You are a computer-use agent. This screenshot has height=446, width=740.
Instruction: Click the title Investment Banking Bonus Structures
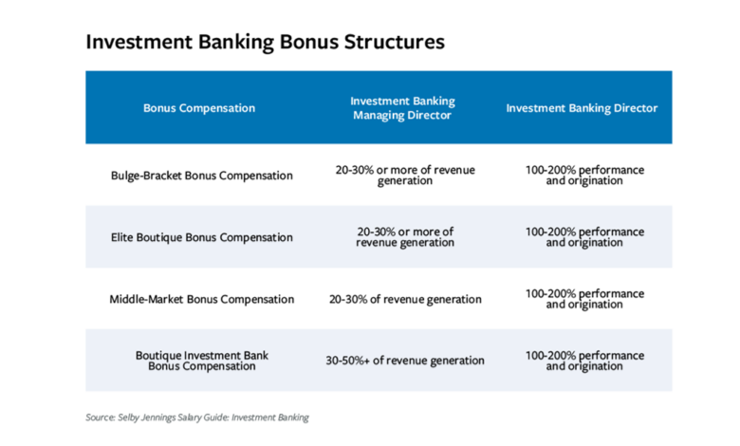(x=265, y=43)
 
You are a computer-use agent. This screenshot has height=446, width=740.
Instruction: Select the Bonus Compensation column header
(x=199, y=108)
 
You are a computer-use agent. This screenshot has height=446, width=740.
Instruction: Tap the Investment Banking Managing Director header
(x=402, y=108)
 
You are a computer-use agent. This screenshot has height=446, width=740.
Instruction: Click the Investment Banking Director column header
(x=582, y=108)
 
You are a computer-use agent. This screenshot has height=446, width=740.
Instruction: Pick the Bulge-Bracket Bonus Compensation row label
(x=201, y=176)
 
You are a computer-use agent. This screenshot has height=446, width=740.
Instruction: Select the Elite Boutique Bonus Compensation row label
(x=201, y=237)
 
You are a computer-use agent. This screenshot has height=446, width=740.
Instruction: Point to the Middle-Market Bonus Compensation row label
(x=201, y=299)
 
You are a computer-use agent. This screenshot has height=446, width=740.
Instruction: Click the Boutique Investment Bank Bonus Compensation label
(x=201, y=361)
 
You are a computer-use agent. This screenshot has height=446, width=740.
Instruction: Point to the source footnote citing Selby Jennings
(x=197, y=418)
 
